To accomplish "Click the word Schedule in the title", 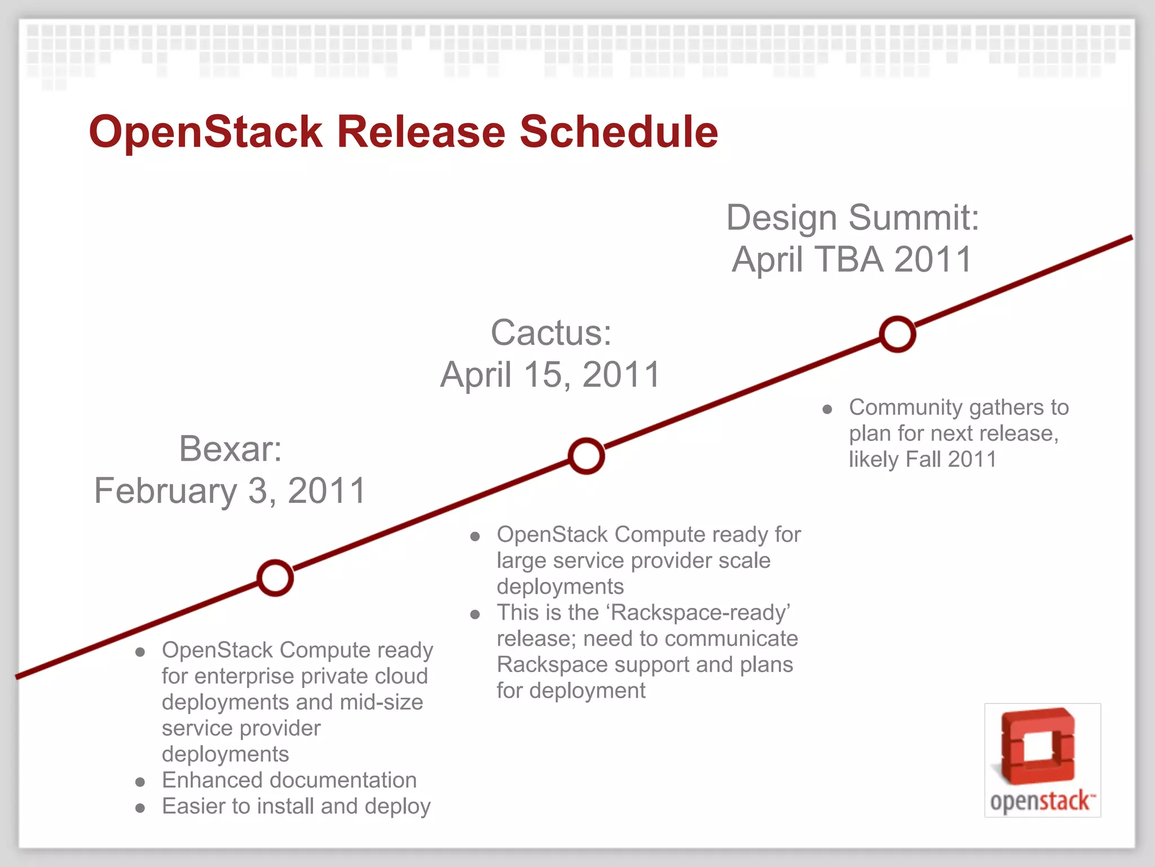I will coord(619,132).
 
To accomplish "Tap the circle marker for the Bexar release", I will coord(275,578).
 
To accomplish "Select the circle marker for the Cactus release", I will coord(587,456).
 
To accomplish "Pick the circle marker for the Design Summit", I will coord(897,334).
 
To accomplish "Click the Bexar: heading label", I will coord(230,449).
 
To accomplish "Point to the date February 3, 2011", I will coord(230,491).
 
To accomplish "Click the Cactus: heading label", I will coord(551,332).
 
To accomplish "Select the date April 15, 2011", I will coord(551,374).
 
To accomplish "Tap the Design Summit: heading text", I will coord(853,218).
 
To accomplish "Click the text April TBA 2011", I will coord(853,260).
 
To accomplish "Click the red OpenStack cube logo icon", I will coord(1039,746).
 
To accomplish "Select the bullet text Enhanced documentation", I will coord(289,780).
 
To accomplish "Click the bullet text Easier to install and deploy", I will coord(296,806).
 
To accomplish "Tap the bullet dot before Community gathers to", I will coord(827,409).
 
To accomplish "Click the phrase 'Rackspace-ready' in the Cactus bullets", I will coord(700,613).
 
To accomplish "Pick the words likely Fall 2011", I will coord(923,459).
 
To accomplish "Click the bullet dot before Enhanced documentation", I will coord(140,782).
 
